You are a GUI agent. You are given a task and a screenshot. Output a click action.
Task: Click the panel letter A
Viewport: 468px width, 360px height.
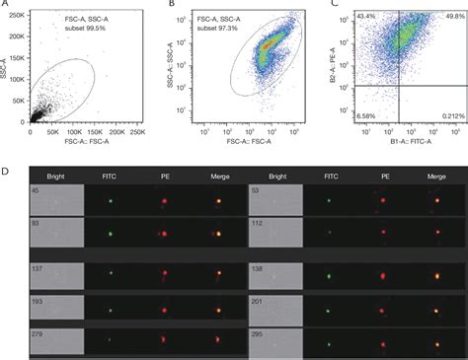[7, 5]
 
